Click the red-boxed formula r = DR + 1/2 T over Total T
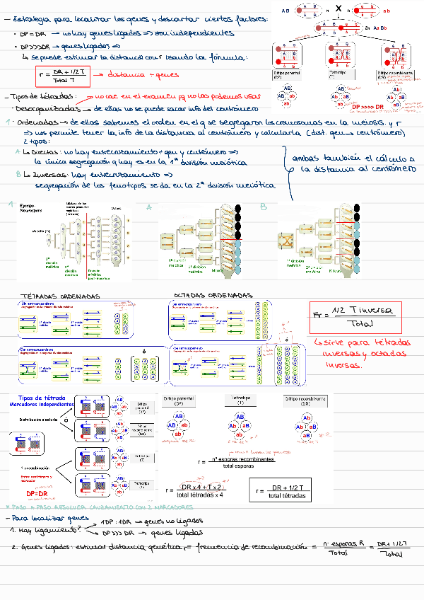(63, 76)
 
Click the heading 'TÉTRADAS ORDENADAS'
(61, 296)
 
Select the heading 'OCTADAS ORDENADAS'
(212, 295)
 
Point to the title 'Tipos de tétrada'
(44, 399)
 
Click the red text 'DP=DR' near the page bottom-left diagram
(36, 493)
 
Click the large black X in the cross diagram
(340, 8)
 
